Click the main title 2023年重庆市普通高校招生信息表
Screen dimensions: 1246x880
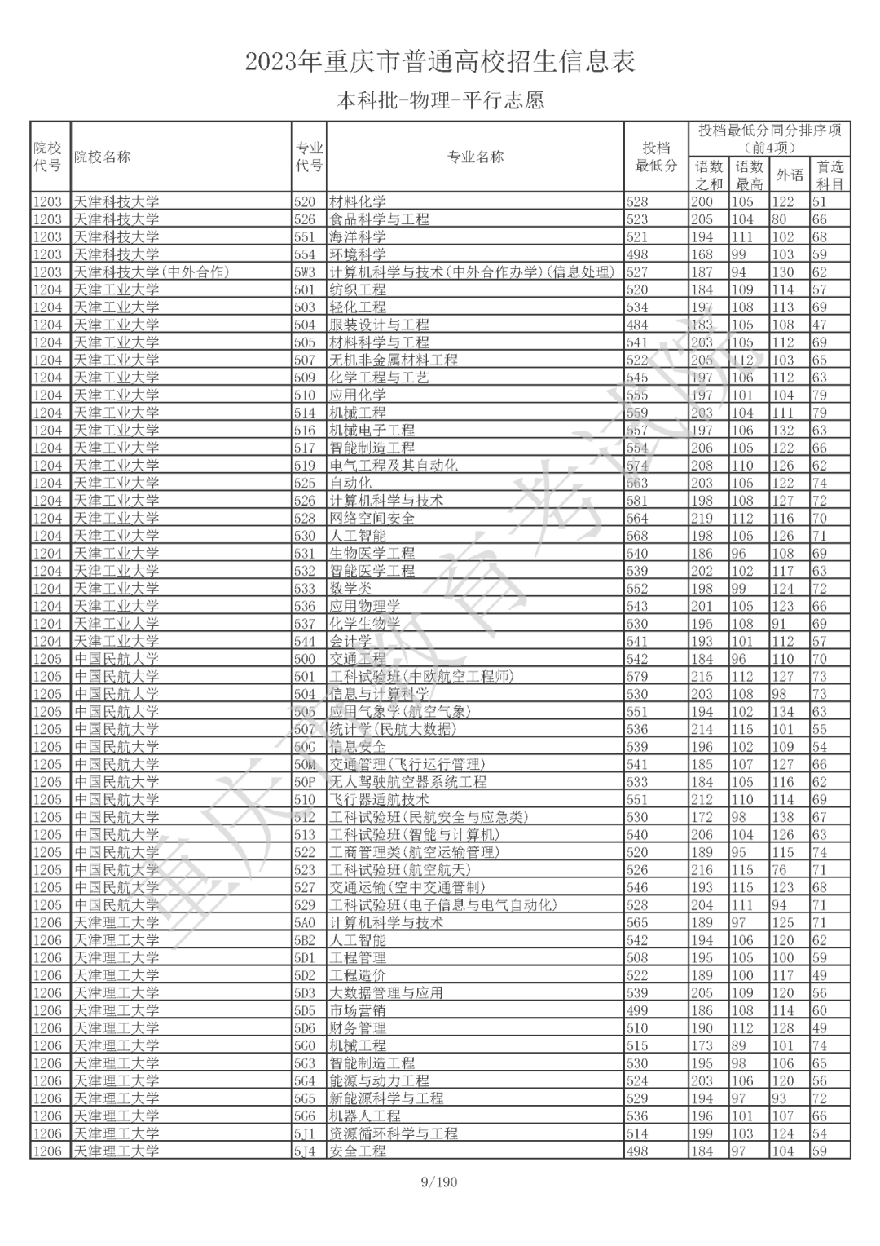[x=440, y=62]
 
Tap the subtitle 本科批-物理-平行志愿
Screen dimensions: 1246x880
[x=440, y=101]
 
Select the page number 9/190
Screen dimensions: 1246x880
[x=439, y=1182]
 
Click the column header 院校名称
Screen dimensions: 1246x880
[x=102, y=157]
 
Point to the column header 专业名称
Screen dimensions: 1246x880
[x=475, y=157]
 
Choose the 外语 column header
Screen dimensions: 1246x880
[x=789, y=175]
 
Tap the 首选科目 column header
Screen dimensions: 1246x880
[x=829, y=175]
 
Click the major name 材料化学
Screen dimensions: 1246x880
[x=358, y=202]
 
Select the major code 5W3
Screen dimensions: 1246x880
[x=305, y=272]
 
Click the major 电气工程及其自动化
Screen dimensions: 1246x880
[x=394, y=466]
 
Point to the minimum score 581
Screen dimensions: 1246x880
[x=637, y=501]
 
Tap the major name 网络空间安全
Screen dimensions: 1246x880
[x=372, y=519]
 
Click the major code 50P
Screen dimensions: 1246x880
[x=305, y=782]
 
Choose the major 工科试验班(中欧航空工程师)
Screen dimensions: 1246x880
[x=421, y=677]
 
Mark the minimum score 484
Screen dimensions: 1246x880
[x=637, y=325]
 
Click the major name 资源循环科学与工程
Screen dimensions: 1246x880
[x=394, y=1133]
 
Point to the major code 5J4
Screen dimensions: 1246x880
[x=305, y=1151]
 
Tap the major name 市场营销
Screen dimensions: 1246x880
[x=358, y=1010]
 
